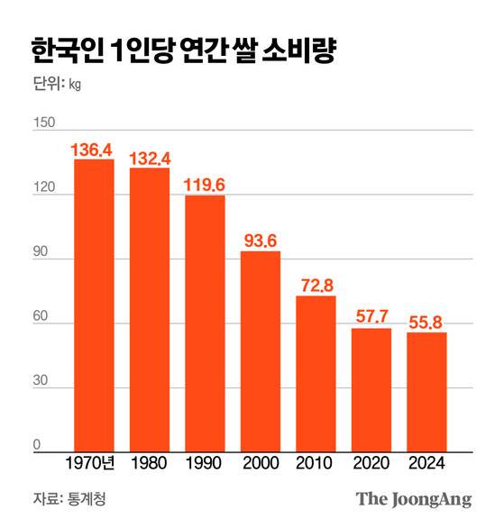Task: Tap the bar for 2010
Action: (316, 373)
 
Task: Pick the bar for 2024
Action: (426, 391)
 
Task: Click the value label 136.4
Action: (94, 148)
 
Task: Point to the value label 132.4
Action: (150, 158)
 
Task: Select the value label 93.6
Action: (261, 241)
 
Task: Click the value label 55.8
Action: (426, 322)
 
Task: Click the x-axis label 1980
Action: (149, 464)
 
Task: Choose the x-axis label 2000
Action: (261, 464)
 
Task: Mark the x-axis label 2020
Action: (371, 464)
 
